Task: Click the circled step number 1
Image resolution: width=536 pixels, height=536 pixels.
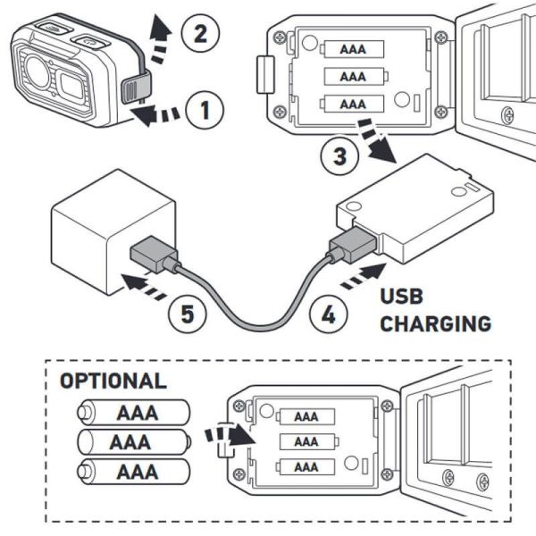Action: (x=205, y=112)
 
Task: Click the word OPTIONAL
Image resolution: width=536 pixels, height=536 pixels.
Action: (x=113, y=381)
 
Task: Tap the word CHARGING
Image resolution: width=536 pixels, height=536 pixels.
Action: (x=435, y=323)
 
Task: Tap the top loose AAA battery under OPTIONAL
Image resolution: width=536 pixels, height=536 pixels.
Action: (x=132, y=412)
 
